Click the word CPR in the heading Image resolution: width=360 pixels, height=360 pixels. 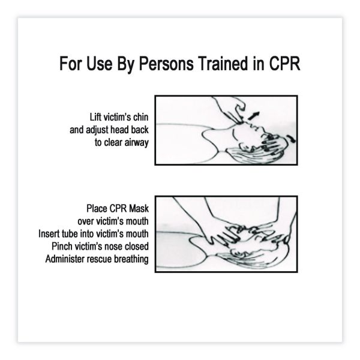[284, 64]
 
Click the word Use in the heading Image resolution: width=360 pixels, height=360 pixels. [99, 64]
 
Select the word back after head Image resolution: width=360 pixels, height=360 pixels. [140, 130]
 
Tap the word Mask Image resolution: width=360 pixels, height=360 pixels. [139, 208]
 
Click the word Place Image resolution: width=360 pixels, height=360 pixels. [97, 208]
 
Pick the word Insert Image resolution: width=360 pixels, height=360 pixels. [47, 234]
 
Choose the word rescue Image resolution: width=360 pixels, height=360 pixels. [99, 259]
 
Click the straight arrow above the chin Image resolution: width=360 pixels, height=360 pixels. [254, 116]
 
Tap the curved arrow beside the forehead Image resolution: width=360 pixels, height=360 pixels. [291, 138]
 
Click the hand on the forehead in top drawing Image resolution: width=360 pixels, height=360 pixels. [273, 144]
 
